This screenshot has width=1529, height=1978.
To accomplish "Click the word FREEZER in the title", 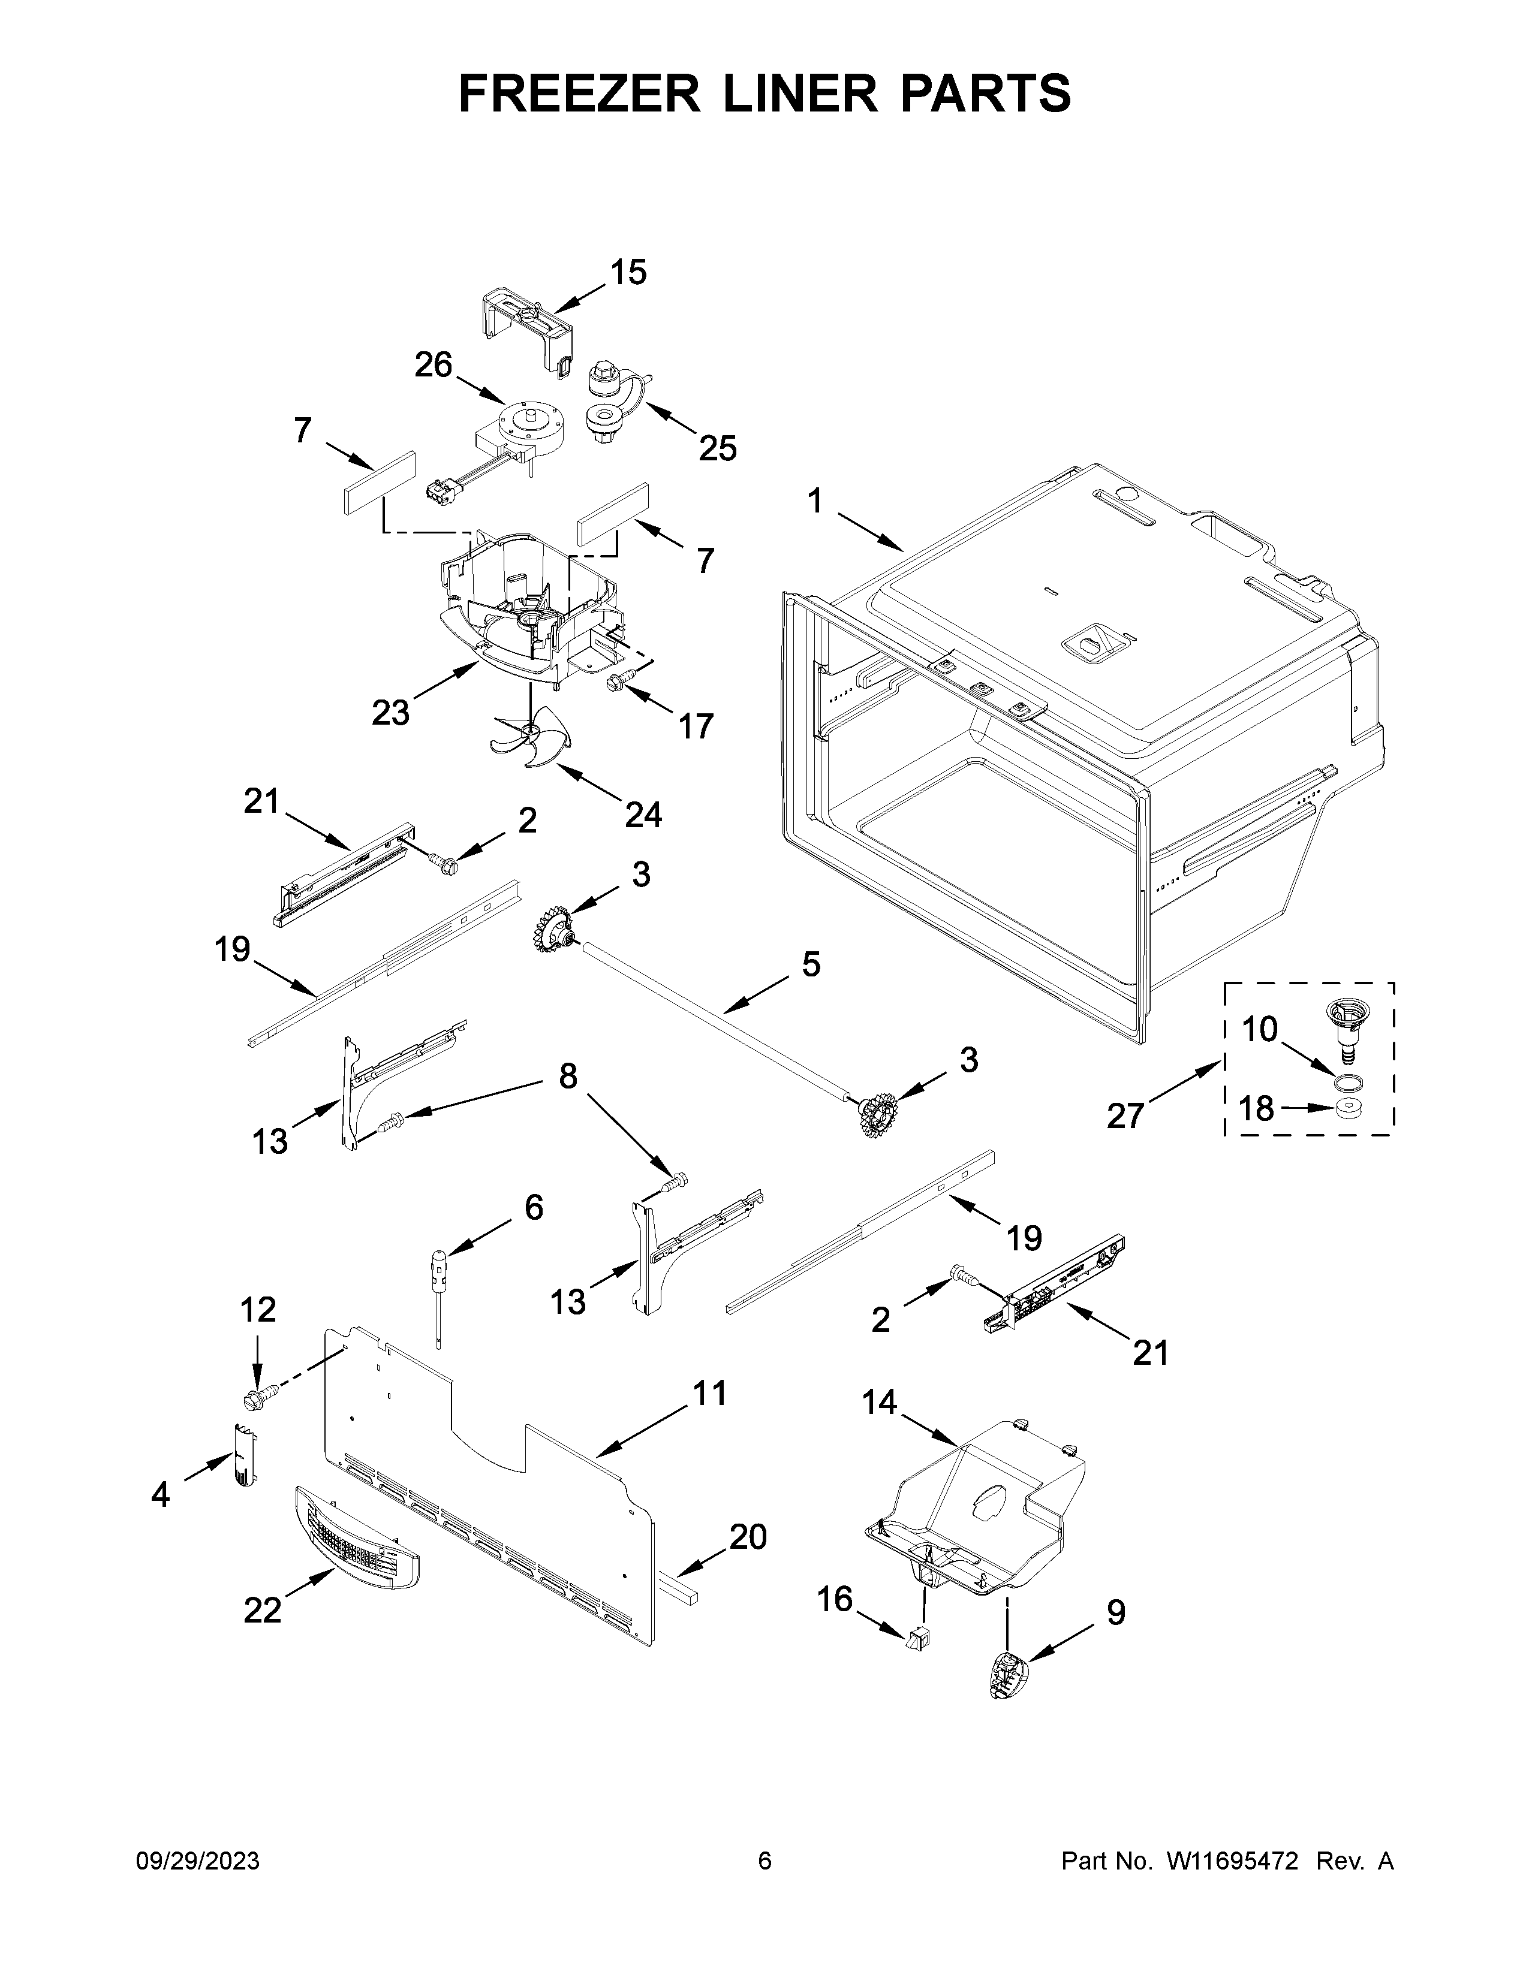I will (x=579, y=94).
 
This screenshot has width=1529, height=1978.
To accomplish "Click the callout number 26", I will (x=433, y=365).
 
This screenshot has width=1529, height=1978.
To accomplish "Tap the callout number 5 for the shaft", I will (x=811, y=964).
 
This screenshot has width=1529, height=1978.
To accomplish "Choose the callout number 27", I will (x=1125, y=1116).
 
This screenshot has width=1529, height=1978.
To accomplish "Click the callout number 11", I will (x=709, y=1393).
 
